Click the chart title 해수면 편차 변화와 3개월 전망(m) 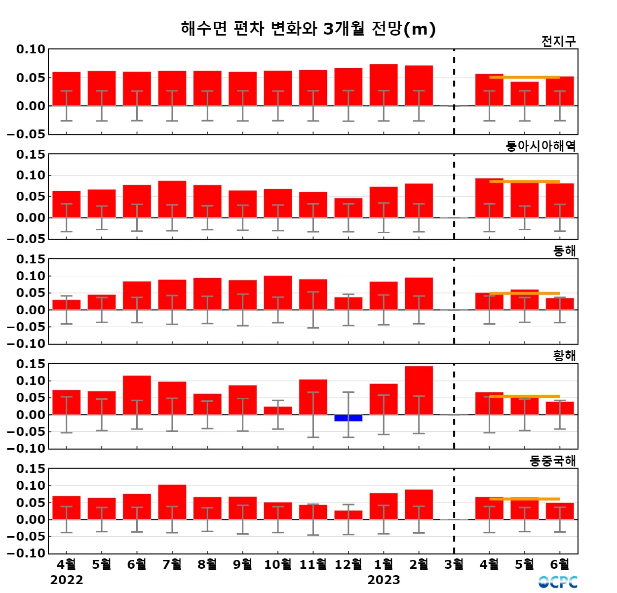(308, 29)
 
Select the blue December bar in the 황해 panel (348, 418)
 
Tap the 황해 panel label (564, 355)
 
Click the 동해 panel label (564, 251)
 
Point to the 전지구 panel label (558, 41)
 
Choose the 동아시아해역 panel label (540, 146)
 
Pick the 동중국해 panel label (552, 461)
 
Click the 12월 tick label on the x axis (348, 564)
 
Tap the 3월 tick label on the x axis (454, 564)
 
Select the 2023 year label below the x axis (384, 580)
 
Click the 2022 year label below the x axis (67, 580)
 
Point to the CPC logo (558, 582)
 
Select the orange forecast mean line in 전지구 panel (524, 77)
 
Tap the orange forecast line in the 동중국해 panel (524, 499)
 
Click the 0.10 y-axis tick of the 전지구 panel (31, 49)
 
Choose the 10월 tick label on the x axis (278, 564)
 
